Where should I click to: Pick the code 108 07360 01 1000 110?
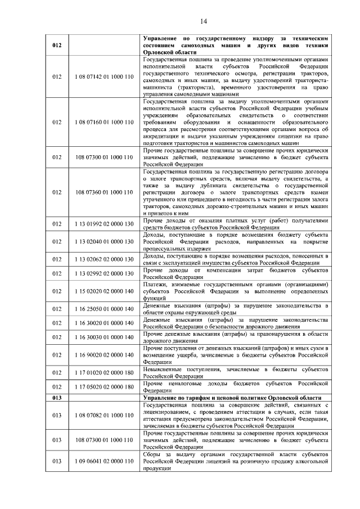click(103, 192)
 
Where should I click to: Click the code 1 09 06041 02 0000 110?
click(103, 461)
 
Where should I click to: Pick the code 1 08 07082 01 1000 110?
click(103, 415)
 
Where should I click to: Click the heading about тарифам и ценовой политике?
click(232, 397)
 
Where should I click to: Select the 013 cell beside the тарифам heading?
click(56, 397)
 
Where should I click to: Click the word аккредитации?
click(164, 136)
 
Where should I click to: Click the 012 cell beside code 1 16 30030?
click(56, 337)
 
